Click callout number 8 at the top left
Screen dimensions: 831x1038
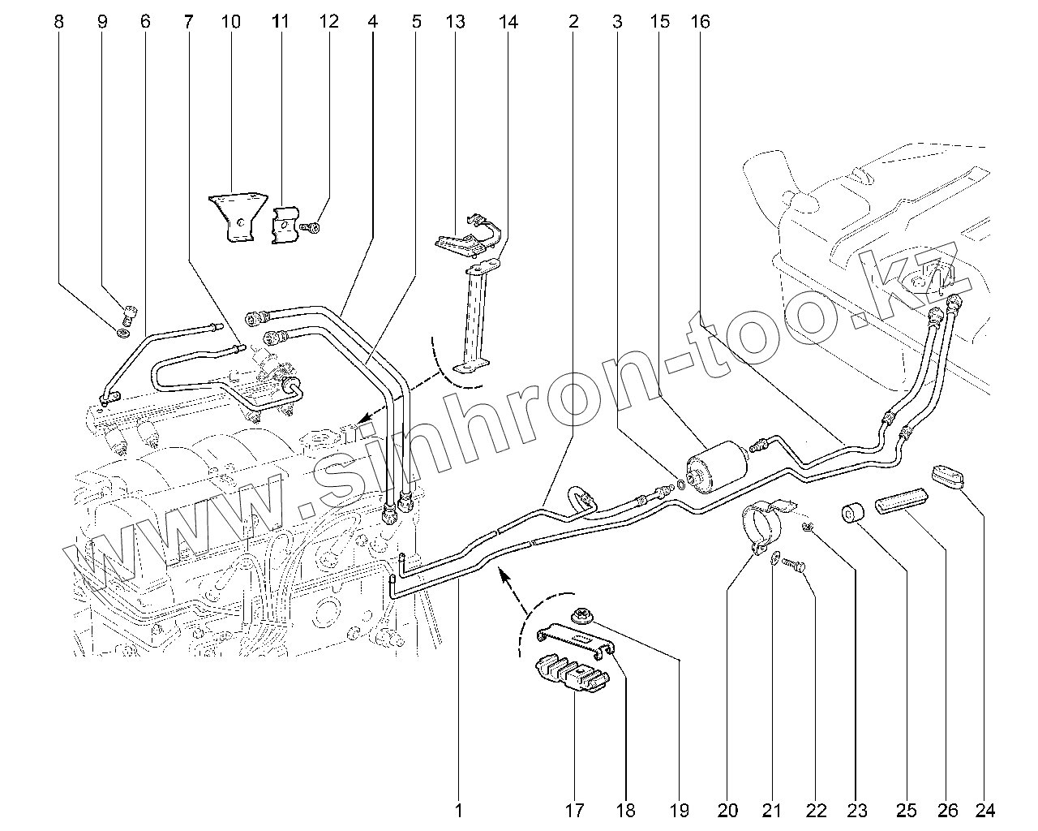58,22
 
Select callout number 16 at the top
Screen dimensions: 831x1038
701,22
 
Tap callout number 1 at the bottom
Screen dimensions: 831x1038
458,809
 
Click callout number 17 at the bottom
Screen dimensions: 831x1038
576,809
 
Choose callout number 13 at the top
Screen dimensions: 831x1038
456,22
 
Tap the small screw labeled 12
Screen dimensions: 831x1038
311,229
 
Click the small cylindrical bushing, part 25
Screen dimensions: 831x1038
851,515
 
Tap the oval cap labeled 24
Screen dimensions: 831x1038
949,476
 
